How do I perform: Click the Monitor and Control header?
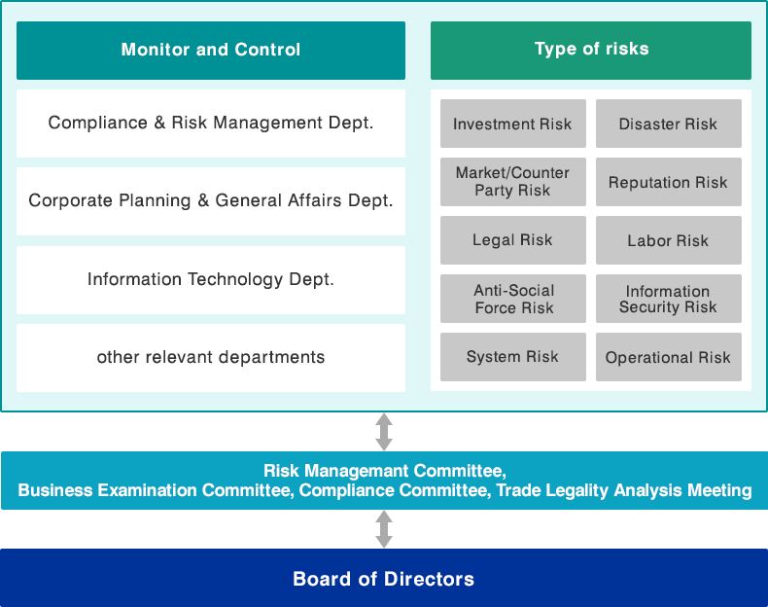[211, 50]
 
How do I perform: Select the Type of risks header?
[591, 50]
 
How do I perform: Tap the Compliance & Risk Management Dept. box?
[211, 123]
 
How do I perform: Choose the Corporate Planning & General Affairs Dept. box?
[211, 200]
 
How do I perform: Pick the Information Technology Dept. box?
[211, 280]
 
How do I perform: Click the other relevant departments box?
[211, 358]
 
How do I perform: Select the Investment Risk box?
[513, 124]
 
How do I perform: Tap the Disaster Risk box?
[669, 124]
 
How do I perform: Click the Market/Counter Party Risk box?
[513, 182]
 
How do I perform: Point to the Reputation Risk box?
[669, 182]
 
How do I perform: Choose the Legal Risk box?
[513, 240]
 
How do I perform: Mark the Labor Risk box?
[669, 240]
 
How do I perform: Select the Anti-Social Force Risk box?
[513, 299]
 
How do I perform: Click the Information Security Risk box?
[669, 299]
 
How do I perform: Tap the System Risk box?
[513, 357]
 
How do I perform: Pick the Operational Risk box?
[669, 357]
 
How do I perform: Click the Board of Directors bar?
[384, 578]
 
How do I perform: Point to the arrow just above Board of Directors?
[384, 529]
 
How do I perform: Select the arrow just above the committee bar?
[384, 432]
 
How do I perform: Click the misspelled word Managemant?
[355, 471]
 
